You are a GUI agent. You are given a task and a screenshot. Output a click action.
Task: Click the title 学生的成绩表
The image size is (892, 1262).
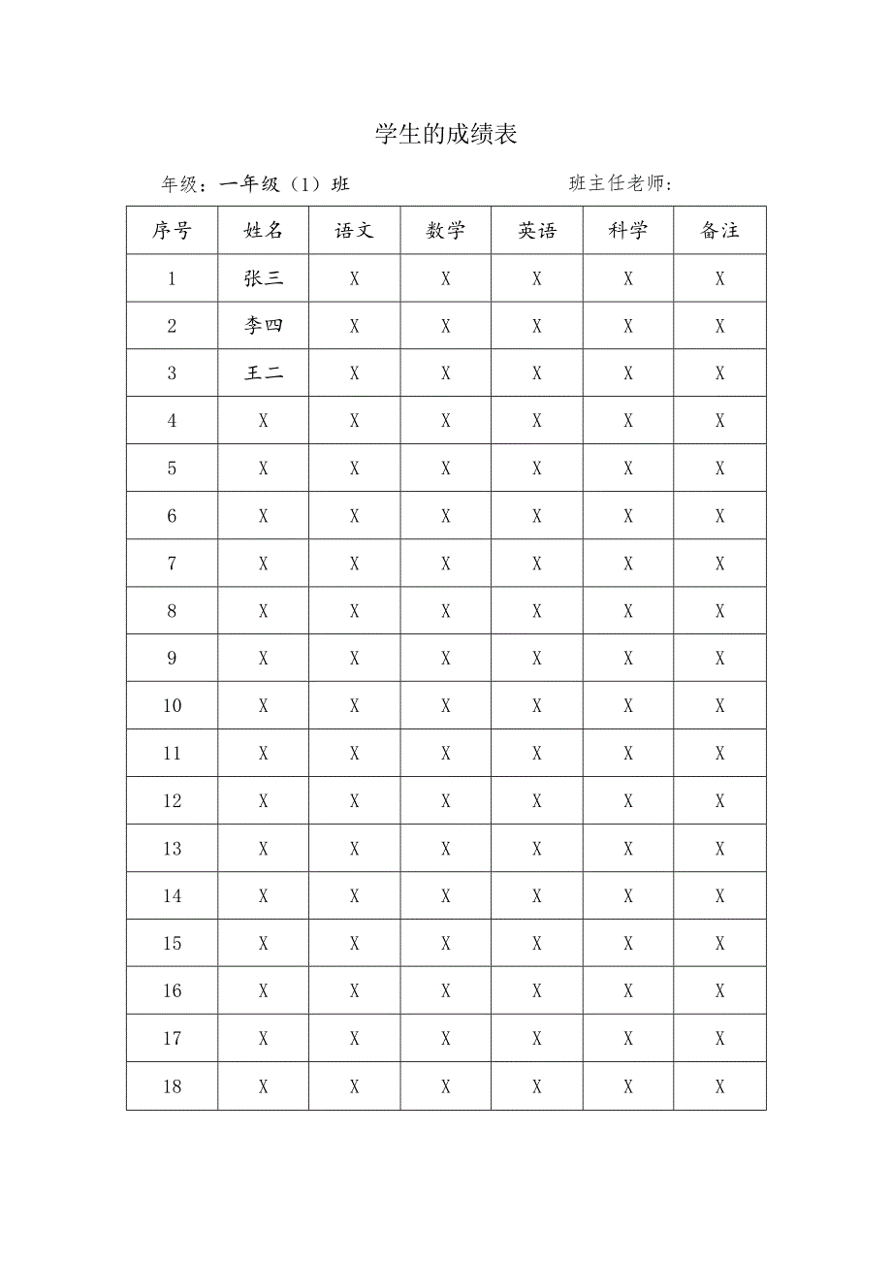pos(446,134)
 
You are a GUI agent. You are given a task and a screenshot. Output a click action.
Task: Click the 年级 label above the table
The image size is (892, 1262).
pos(180,184)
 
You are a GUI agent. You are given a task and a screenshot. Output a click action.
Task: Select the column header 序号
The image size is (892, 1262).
pos(172,231)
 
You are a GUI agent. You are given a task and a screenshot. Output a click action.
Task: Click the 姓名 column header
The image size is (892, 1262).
pos(264,231)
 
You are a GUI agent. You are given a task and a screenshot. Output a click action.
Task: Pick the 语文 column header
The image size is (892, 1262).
pos(354,231)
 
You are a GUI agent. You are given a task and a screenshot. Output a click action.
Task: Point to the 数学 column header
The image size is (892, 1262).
pos(446,231)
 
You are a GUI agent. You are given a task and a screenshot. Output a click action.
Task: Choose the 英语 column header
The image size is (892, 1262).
pos(537,231)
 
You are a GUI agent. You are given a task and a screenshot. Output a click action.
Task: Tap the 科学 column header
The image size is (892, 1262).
pos(628,231)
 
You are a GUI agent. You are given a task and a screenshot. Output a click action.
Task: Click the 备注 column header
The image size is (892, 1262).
pos(719,231)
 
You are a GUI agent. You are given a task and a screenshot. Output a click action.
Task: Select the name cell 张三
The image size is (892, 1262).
pos(264,278)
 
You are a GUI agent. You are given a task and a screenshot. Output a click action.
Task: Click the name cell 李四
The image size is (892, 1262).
pos(264,326)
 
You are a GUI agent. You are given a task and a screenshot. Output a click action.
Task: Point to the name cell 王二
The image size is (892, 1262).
pos(264,373)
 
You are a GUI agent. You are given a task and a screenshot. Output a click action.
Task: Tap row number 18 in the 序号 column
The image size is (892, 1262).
pos(172,1086)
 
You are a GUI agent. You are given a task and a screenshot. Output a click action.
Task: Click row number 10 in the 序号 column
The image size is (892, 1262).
pos(172,706)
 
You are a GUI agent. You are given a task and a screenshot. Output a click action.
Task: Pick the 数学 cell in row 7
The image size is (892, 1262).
pos(446,564)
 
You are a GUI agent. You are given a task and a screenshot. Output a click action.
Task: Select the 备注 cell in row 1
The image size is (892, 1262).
pos(719,278)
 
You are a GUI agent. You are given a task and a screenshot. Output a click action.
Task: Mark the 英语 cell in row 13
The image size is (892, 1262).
pos(537,849)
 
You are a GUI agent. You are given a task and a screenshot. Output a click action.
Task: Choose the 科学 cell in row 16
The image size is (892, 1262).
pos(628,991)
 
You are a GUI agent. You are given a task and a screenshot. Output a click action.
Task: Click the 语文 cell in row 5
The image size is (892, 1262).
pos(354,469)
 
